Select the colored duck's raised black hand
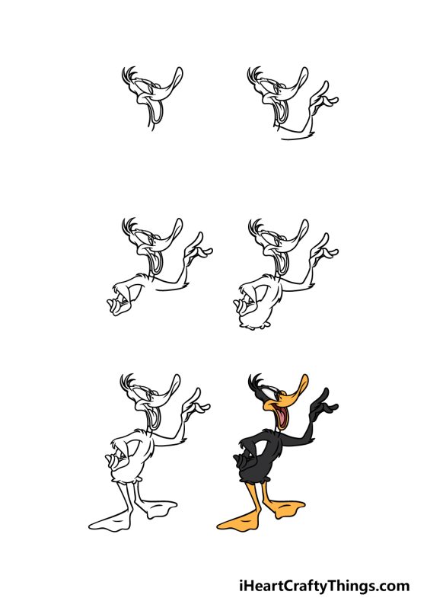pos(325,404)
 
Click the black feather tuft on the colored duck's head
pos(255,379)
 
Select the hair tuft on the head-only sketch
pos(129,73)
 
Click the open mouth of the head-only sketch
pos(158,112)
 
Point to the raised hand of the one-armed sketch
pos(325,99)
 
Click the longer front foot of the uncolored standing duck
pos(107,523)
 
